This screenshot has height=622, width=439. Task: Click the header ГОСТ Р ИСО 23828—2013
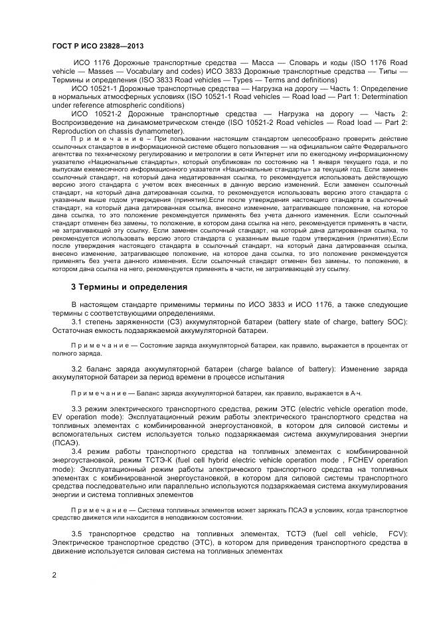98,46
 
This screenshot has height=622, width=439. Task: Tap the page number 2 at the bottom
54,575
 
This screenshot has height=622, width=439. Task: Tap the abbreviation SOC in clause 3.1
395,322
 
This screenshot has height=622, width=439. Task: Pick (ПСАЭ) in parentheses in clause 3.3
66,442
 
